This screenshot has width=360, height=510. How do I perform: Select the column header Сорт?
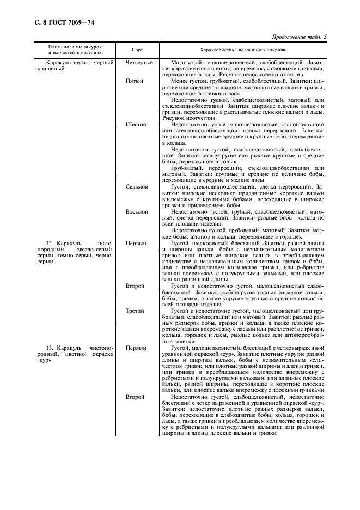click(x=138, y=49)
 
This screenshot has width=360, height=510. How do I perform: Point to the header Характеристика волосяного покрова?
click(x=246, y=49)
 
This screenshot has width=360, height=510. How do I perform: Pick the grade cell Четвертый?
click(x=139, y=63)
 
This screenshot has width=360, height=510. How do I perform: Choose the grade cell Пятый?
click(x=135, y=81)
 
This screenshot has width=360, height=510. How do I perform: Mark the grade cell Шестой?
click(x=136, y=124)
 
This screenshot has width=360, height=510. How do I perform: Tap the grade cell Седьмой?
click(x=137, y=186)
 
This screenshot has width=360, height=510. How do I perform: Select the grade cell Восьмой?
click(x=137, y=211)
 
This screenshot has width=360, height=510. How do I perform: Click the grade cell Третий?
click(x=135, y=311)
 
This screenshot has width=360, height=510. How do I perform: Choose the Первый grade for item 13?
click(x=135, y=347)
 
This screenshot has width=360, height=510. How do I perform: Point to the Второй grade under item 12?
click(x=135, y=286)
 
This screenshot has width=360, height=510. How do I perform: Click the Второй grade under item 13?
click(x=135, y=397)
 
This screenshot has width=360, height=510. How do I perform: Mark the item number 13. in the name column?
click(x=51, y=347)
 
